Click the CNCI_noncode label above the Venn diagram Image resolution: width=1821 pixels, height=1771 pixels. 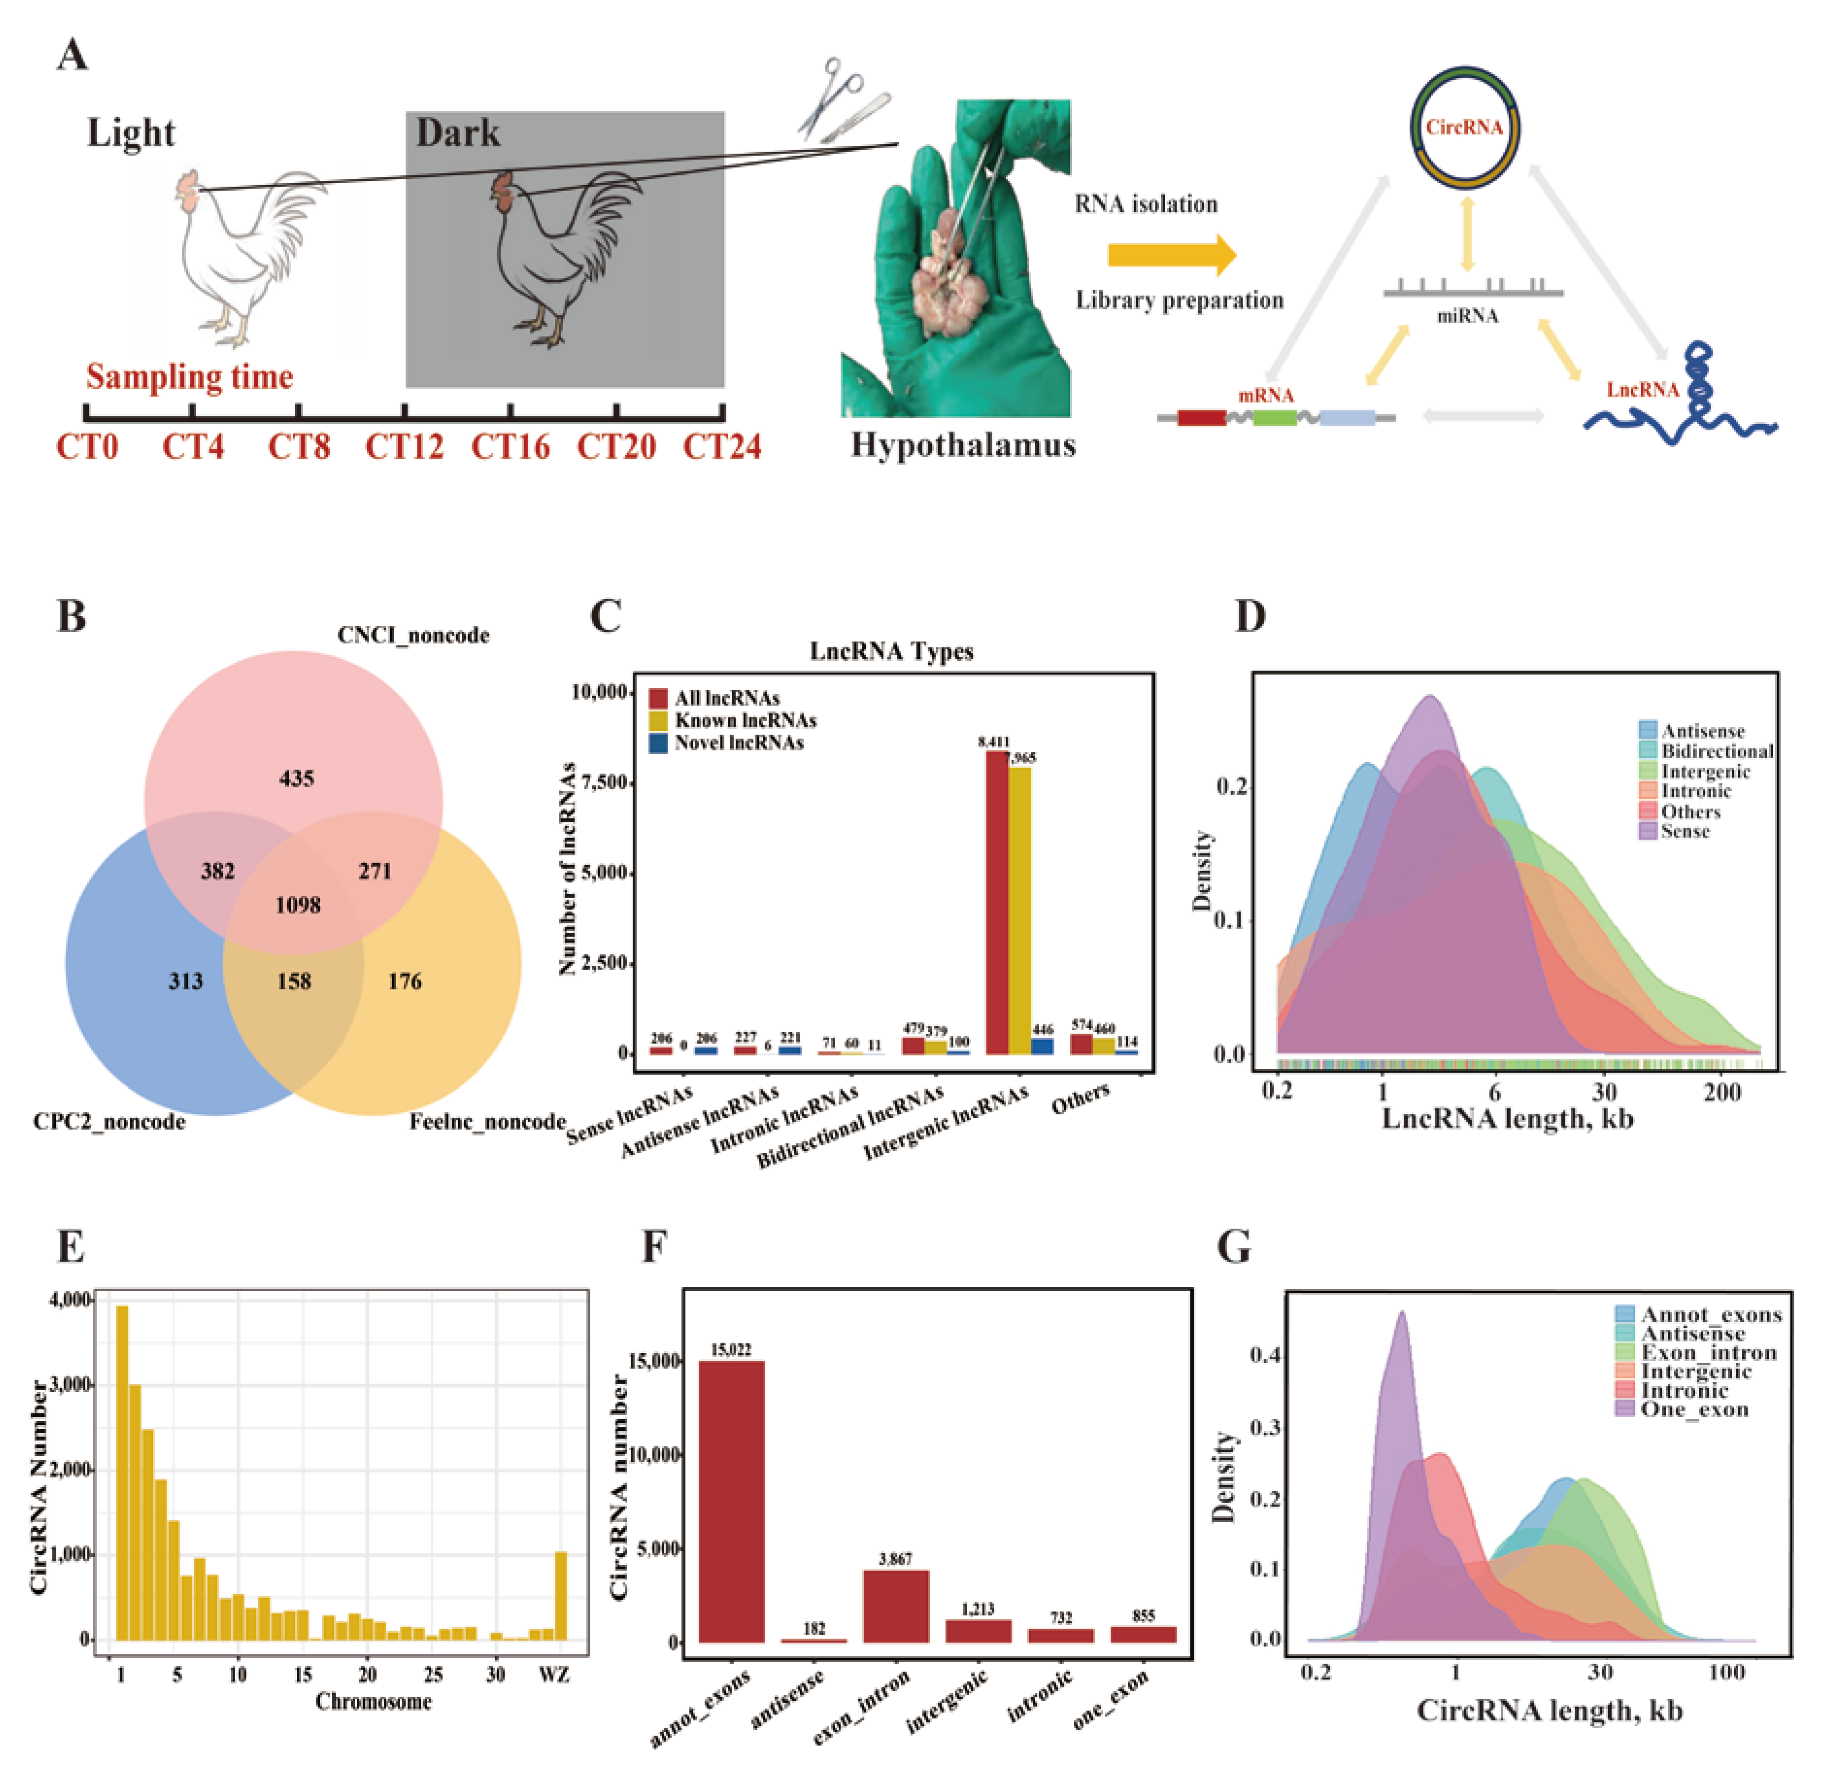413,635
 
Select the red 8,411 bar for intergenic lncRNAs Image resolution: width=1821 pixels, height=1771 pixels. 996,902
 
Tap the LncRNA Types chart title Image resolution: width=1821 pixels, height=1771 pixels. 891,651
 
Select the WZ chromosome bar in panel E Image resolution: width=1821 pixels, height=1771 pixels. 560,1594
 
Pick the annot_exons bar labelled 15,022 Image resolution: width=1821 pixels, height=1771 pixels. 731,1501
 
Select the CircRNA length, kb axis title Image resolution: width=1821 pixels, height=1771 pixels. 1549,1710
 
